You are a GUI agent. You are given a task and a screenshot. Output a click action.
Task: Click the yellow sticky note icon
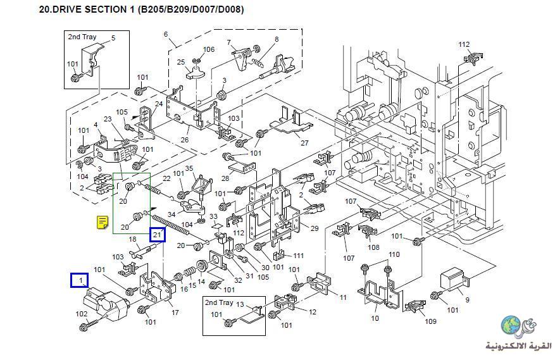pos(102,222)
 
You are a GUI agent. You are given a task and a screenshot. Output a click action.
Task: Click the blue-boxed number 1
pos(80,280)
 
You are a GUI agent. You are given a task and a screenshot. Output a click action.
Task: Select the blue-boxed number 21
pos(158,235)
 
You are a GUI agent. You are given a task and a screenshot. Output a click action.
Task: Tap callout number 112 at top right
pos(465,44)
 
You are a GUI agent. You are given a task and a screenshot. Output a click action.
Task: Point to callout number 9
pos(468,300)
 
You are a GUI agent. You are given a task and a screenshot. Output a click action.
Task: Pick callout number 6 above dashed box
pos(166,34)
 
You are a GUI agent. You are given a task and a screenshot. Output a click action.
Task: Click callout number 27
pos(304,143)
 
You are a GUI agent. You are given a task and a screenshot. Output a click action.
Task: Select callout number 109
pos(431,321)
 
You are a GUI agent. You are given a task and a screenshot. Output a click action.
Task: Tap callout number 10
pos(375,318)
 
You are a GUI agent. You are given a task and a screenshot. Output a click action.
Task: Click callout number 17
pos(175,312)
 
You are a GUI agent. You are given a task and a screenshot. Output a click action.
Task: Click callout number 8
pos(277,39)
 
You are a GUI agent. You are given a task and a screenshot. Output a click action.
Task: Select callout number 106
pos(209,49)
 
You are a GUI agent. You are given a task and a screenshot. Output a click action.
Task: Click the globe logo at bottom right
pos(511,326)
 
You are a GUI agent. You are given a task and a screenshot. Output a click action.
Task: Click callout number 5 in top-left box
pos(113,38)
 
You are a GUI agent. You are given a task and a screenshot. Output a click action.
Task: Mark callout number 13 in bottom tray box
pos(240,304)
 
